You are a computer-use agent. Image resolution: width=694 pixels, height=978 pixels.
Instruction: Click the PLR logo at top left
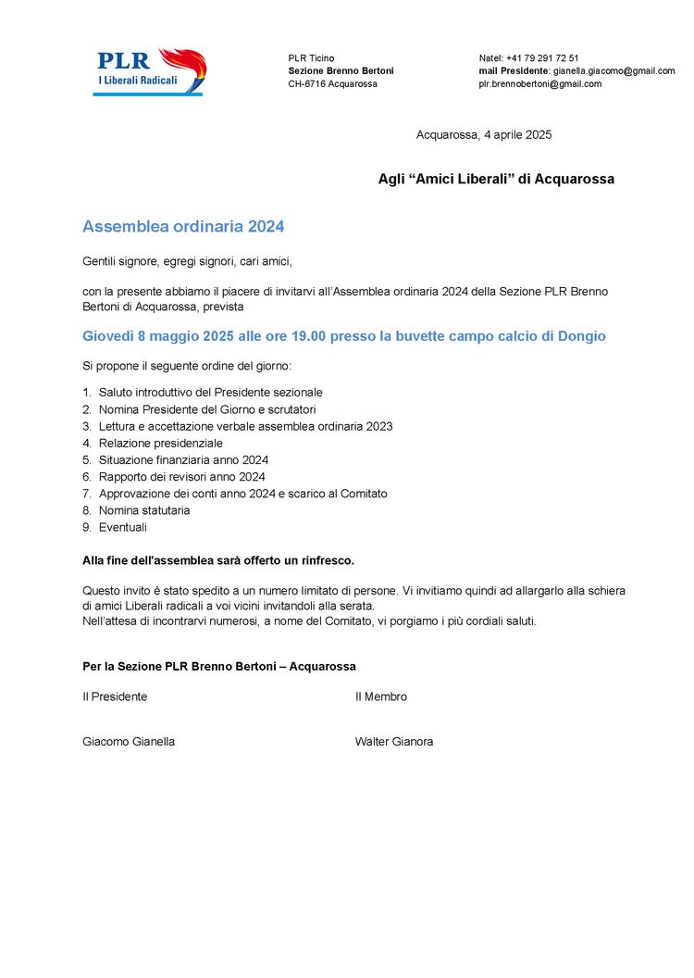point(151,71)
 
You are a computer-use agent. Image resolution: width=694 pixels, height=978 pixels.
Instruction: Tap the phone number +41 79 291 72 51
point(542,58)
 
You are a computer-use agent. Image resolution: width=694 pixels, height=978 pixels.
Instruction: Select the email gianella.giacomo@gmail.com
point(613,71)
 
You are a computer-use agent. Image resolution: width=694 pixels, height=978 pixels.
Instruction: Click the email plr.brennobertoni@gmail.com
point(539,84)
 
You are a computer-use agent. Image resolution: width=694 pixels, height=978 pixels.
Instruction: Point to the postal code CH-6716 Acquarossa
point(332,84)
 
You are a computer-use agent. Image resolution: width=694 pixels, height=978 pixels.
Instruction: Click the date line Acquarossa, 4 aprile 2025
point(484,135)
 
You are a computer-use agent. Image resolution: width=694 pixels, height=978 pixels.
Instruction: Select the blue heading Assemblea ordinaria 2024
point(183,227)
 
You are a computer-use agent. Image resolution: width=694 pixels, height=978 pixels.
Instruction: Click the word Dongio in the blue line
point(582,336)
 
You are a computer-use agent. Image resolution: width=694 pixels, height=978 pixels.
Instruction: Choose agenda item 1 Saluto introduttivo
point(210,393)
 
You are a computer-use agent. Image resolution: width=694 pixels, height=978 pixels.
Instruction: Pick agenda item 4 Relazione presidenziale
point(160,444)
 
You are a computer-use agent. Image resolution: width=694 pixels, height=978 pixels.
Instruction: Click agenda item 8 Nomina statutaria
point(144,510)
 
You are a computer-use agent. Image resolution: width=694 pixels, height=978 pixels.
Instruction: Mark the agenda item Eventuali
point(123,528)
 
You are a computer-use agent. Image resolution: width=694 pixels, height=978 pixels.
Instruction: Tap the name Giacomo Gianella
point(129,742)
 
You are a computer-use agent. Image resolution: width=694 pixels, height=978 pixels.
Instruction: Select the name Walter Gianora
point(394,742)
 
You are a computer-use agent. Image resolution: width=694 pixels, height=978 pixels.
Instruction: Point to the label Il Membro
point(381,697)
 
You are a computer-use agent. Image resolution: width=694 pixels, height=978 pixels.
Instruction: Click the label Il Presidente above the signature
point(115,697)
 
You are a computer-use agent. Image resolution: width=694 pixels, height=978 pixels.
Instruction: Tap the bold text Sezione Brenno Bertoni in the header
point(341,71)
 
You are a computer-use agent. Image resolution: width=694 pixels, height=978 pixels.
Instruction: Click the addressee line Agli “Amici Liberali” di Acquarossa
point(496,180)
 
